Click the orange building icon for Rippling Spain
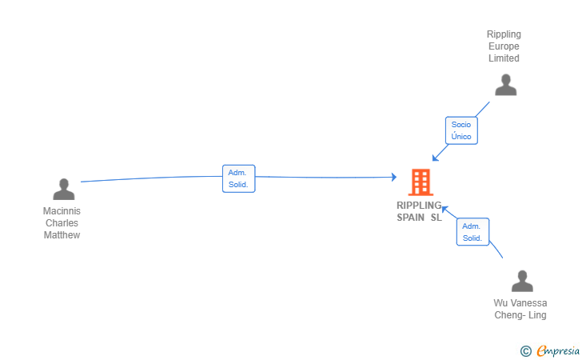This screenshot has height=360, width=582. (420, 182)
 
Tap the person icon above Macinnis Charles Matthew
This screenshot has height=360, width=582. (64, 190)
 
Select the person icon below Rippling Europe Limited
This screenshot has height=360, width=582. (505, 85)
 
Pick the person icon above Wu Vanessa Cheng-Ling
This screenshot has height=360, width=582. (522, 282)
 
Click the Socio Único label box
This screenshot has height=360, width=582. (461, 130)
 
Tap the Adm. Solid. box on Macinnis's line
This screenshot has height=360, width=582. (238, 178)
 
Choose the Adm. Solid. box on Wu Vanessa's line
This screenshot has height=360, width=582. (472, 232)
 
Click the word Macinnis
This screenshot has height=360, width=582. (62, 211)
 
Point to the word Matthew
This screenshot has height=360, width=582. (62, 235)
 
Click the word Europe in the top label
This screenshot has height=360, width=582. (504, 46)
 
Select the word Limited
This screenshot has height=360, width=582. (504, 58)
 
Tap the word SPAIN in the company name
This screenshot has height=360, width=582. (411, 218)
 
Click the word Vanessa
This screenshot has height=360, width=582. (529, 303)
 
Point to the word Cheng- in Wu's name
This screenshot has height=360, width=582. (509, 315)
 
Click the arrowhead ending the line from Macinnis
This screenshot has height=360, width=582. (393, 177)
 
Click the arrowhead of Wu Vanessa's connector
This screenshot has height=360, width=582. (445, 209)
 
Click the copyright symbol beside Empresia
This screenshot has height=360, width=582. (525, 350)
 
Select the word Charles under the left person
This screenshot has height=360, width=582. (62, 223)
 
